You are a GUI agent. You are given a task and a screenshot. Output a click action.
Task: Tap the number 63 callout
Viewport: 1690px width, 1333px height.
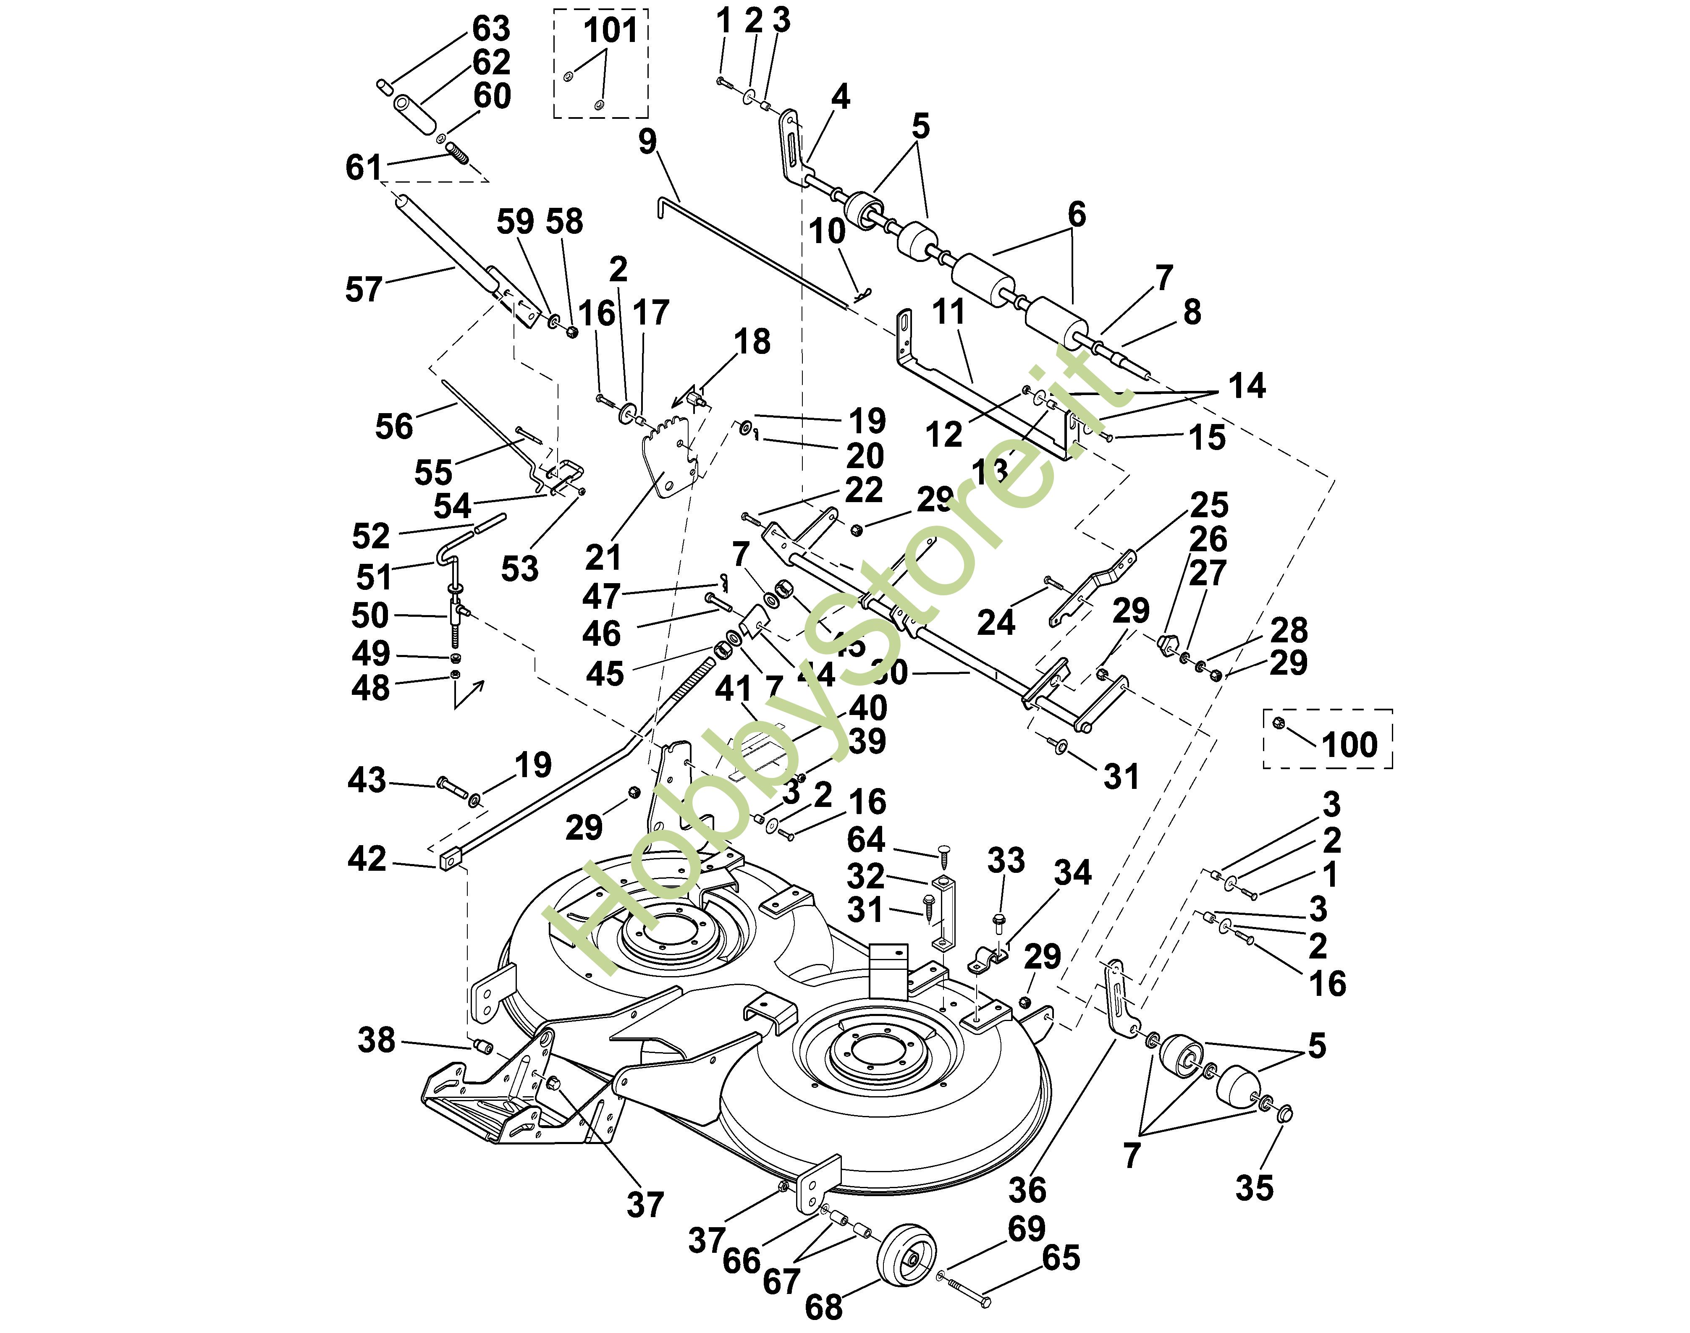(x=491, y=29)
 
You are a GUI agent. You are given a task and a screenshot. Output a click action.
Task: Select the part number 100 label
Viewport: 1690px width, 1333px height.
(x=1349, y=744)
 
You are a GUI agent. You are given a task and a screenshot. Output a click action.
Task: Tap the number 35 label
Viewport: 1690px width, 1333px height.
(x=1255, y=1188)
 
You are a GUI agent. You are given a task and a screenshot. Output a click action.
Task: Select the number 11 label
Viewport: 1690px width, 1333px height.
(x=949, y=312)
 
